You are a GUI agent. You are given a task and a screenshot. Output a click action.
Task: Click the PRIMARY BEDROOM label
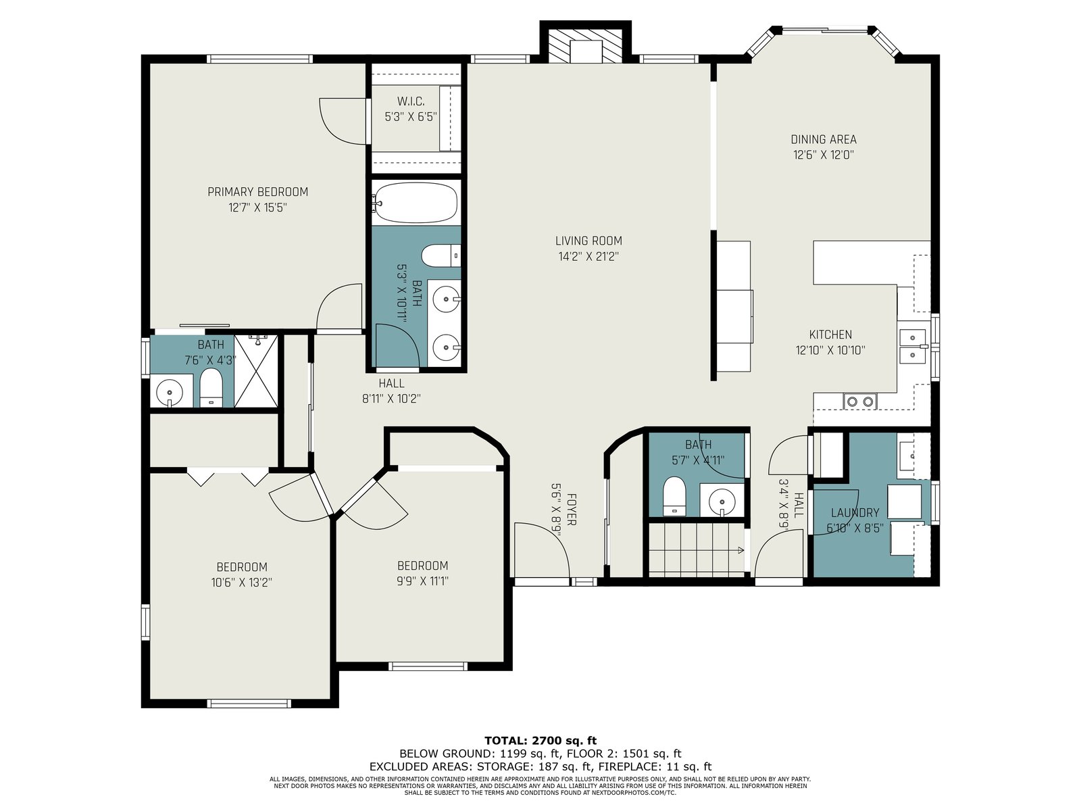coord(257,192)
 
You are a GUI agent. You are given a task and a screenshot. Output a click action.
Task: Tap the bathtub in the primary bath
coord(414,202)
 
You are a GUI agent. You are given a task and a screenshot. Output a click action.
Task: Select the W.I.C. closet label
coord(411,101)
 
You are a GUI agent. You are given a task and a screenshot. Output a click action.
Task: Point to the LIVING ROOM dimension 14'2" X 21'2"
coord(588,257)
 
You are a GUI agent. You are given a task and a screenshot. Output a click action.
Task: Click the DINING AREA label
coord(824,139)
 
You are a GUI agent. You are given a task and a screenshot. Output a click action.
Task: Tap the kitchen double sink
coord(913,346)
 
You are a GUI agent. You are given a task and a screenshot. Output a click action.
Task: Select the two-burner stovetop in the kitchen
coord(860,401)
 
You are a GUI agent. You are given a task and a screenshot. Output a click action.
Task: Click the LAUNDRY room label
coord(855,512)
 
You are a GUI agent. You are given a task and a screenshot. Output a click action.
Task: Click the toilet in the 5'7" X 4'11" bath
coord(674,496)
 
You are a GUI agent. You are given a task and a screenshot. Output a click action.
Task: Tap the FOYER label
coord(572,509)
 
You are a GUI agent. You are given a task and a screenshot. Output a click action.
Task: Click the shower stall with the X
coord(255,371)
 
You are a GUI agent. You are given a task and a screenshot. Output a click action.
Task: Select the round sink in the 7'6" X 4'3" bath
coord(170,393)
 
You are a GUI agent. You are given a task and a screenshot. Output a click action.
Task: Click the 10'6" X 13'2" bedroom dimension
coord(241,583)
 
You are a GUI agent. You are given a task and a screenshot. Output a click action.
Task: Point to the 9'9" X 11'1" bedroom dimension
coord(422,581)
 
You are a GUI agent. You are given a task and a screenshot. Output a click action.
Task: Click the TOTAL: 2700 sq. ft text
coord(540,741)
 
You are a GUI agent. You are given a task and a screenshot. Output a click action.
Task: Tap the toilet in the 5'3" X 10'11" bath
coord(441,255)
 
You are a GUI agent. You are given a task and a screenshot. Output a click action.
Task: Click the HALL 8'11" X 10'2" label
coord(391,391)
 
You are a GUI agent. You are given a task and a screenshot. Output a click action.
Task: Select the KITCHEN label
coord(830,335)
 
